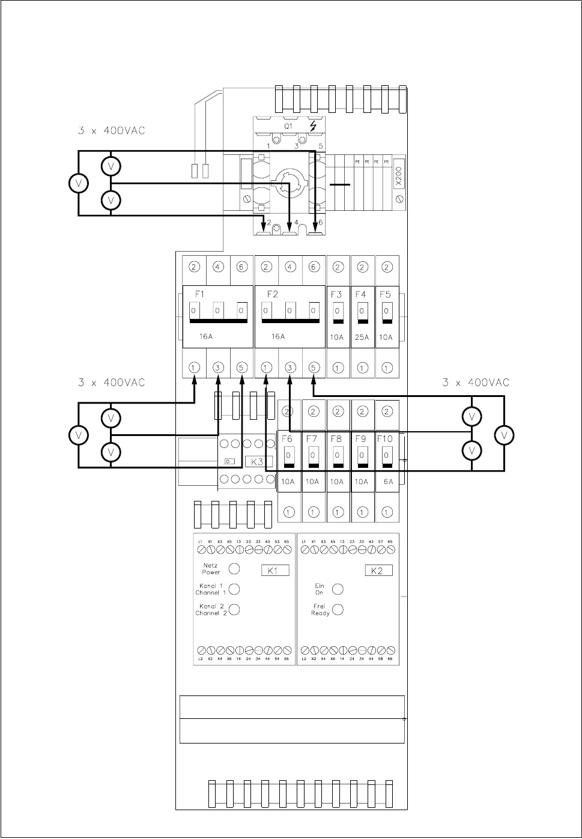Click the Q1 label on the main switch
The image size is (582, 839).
(x=288, y=127)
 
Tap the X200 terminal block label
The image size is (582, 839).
(x=399, y=178)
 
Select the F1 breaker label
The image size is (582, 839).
(x=200, y=294)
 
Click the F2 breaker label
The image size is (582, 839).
(x=272, y=294)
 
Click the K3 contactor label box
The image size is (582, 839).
(x=258, y=461)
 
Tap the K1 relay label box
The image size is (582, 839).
(x=275, y=571)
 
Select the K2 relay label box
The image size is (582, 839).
(x=378, y=571)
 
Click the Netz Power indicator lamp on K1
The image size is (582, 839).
(x=235, y=568)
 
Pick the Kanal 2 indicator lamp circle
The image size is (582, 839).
(x=235, y=610)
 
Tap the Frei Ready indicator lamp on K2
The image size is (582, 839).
(x=338, y=610)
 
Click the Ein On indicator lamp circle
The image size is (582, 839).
(x=338, y=589)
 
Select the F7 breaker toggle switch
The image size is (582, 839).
(x=313, y=457)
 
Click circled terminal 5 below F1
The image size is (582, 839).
(x=242, y=366)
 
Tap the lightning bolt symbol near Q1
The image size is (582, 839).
(x=314, y=127)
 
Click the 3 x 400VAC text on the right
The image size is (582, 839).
(x=476, y=383)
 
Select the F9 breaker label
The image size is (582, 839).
(x=360, y=439)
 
